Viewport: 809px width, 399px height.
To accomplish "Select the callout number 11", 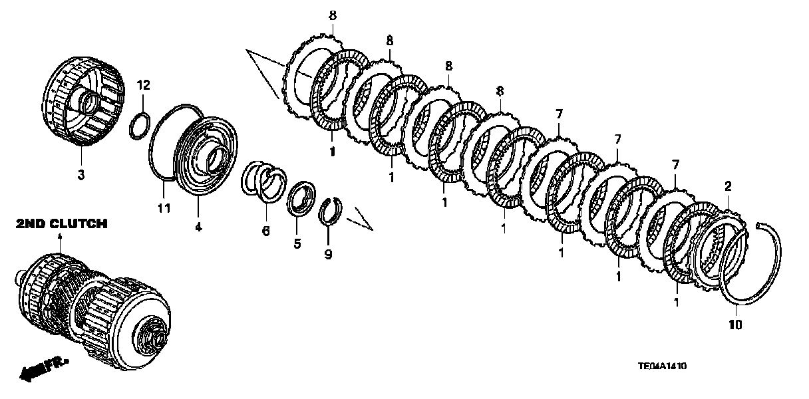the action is (164, 208).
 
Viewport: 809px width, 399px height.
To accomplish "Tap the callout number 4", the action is (198, 227).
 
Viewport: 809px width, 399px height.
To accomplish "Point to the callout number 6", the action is (265, 231).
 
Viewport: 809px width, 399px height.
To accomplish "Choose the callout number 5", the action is (297, 243).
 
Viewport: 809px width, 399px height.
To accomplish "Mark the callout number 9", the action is (328, 253).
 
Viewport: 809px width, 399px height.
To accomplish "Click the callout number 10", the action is (734, 325).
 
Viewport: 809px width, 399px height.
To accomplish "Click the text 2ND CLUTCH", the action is (61, 224).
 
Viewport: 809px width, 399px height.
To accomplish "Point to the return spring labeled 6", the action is (265, 182).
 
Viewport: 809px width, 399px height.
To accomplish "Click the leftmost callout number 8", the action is (332, 15).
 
